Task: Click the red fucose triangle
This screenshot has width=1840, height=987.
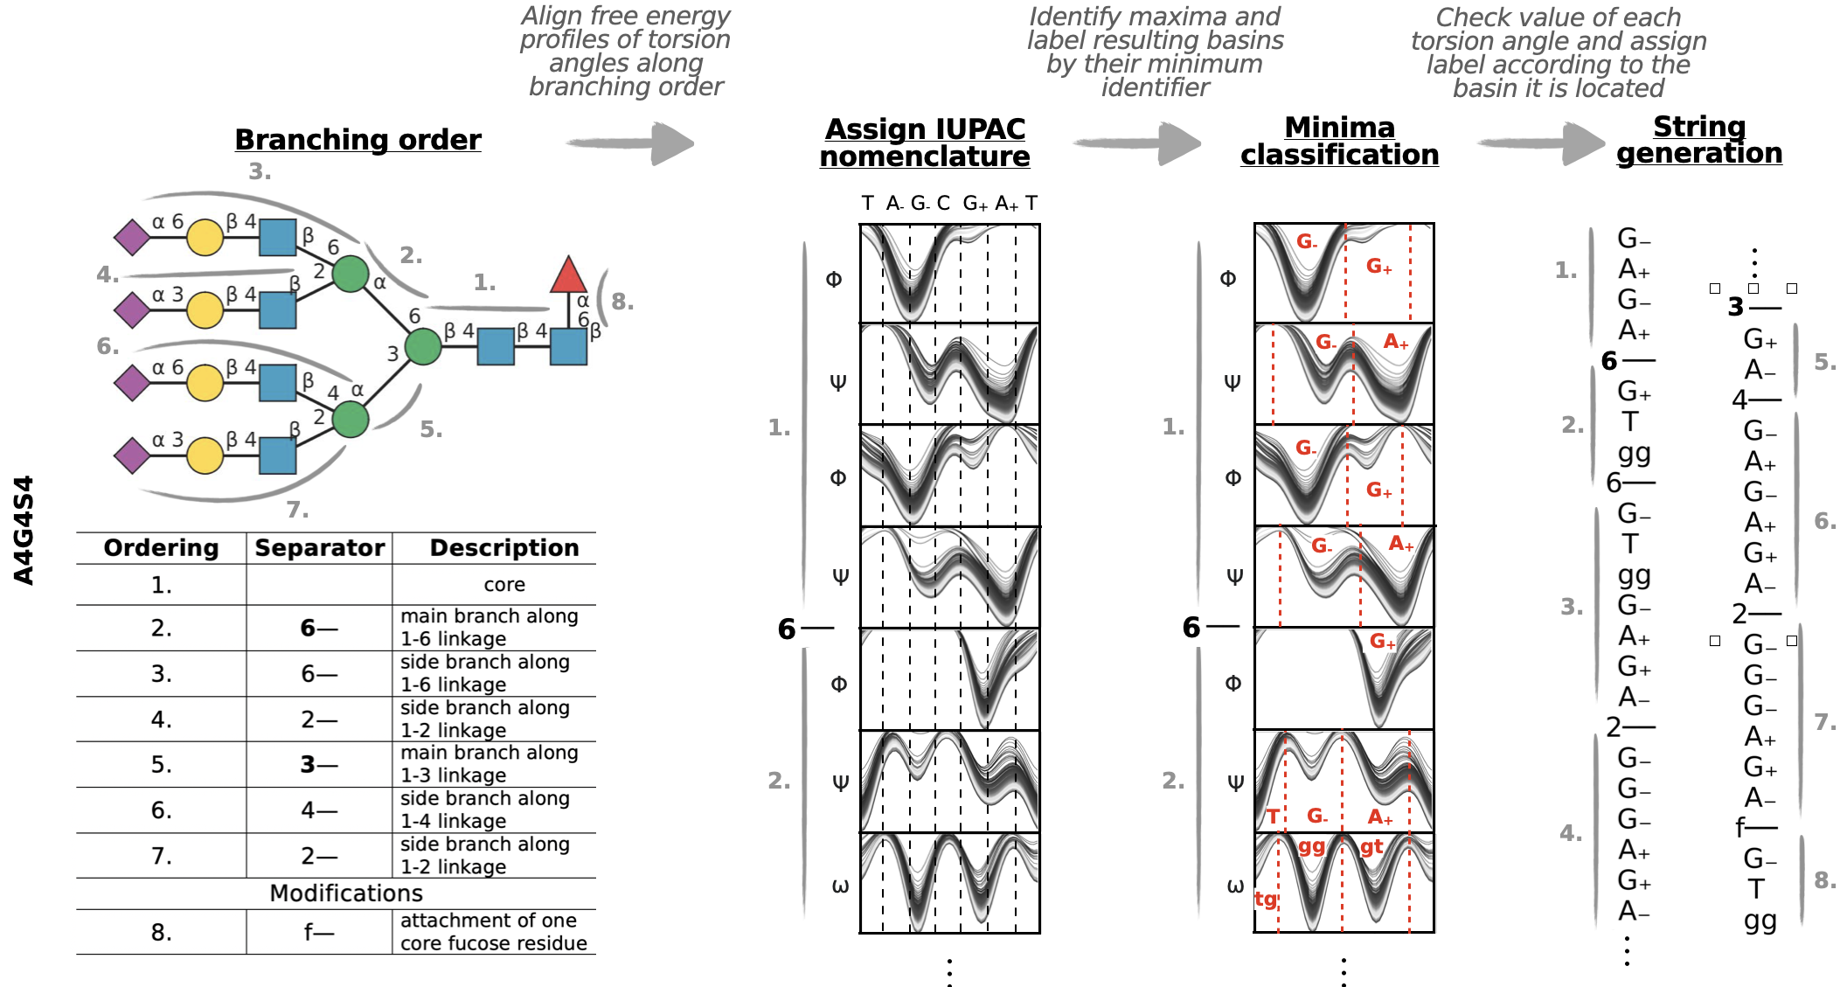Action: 568,276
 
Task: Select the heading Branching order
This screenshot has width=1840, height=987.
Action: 358,140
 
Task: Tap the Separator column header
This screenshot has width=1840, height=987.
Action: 319,548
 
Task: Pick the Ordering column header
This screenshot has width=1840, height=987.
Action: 161,548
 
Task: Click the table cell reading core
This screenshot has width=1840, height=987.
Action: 504,585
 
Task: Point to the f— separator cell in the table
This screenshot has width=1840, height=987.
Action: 319,933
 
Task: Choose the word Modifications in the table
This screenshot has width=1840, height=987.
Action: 346,893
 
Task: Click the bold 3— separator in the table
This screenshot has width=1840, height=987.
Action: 319,765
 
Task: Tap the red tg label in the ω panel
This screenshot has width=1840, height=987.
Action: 1266,899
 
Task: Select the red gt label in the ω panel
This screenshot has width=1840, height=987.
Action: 1371,846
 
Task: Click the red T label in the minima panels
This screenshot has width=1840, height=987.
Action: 1273,817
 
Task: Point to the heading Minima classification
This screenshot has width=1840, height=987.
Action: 1339,141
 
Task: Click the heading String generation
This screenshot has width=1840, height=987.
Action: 1698,140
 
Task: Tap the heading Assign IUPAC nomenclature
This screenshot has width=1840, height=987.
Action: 925,142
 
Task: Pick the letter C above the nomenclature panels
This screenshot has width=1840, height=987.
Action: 943,204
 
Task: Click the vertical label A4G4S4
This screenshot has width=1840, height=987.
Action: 24,530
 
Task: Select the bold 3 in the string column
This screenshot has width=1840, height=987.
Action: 1736,307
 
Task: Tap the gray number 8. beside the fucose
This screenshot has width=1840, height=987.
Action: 622,302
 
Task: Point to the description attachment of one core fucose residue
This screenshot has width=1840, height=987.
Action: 493,932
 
